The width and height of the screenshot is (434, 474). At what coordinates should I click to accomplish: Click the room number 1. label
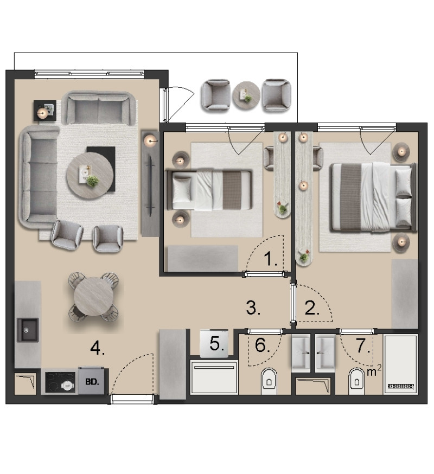tap(270, 259)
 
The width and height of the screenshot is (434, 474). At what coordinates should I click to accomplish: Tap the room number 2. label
tap(312, 309)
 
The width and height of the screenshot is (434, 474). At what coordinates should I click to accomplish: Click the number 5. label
tap(217, 344)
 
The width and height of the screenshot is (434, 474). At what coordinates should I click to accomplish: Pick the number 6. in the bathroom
tap(262, 345)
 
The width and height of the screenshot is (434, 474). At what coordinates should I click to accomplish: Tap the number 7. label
tap(362, 345)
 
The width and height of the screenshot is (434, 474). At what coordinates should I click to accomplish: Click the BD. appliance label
tap(92, 381)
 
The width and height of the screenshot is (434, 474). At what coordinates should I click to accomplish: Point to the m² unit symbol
tap(374, 370)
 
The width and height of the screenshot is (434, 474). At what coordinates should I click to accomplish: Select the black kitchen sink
tap(28, 330)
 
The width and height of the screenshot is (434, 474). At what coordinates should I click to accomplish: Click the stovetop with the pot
tap(60, 382)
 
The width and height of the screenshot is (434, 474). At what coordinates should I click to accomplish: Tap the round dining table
tap(93, 297)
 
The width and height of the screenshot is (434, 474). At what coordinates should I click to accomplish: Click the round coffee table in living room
tap(90, 175)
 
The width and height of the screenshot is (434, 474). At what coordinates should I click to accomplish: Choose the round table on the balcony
tap(246, 95)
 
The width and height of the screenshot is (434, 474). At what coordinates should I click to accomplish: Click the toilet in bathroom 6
tap(269, 381)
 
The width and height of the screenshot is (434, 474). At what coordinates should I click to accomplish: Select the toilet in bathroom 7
tap(356, 381)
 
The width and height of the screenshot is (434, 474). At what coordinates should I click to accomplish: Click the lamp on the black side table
tap(42, 113)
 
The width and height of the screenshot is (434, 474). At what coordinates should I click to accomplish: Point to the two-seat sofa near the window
tap(98, 108)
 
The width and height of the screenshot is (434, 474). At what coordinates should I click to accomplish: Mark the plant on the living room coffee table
tap(93, 181)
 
